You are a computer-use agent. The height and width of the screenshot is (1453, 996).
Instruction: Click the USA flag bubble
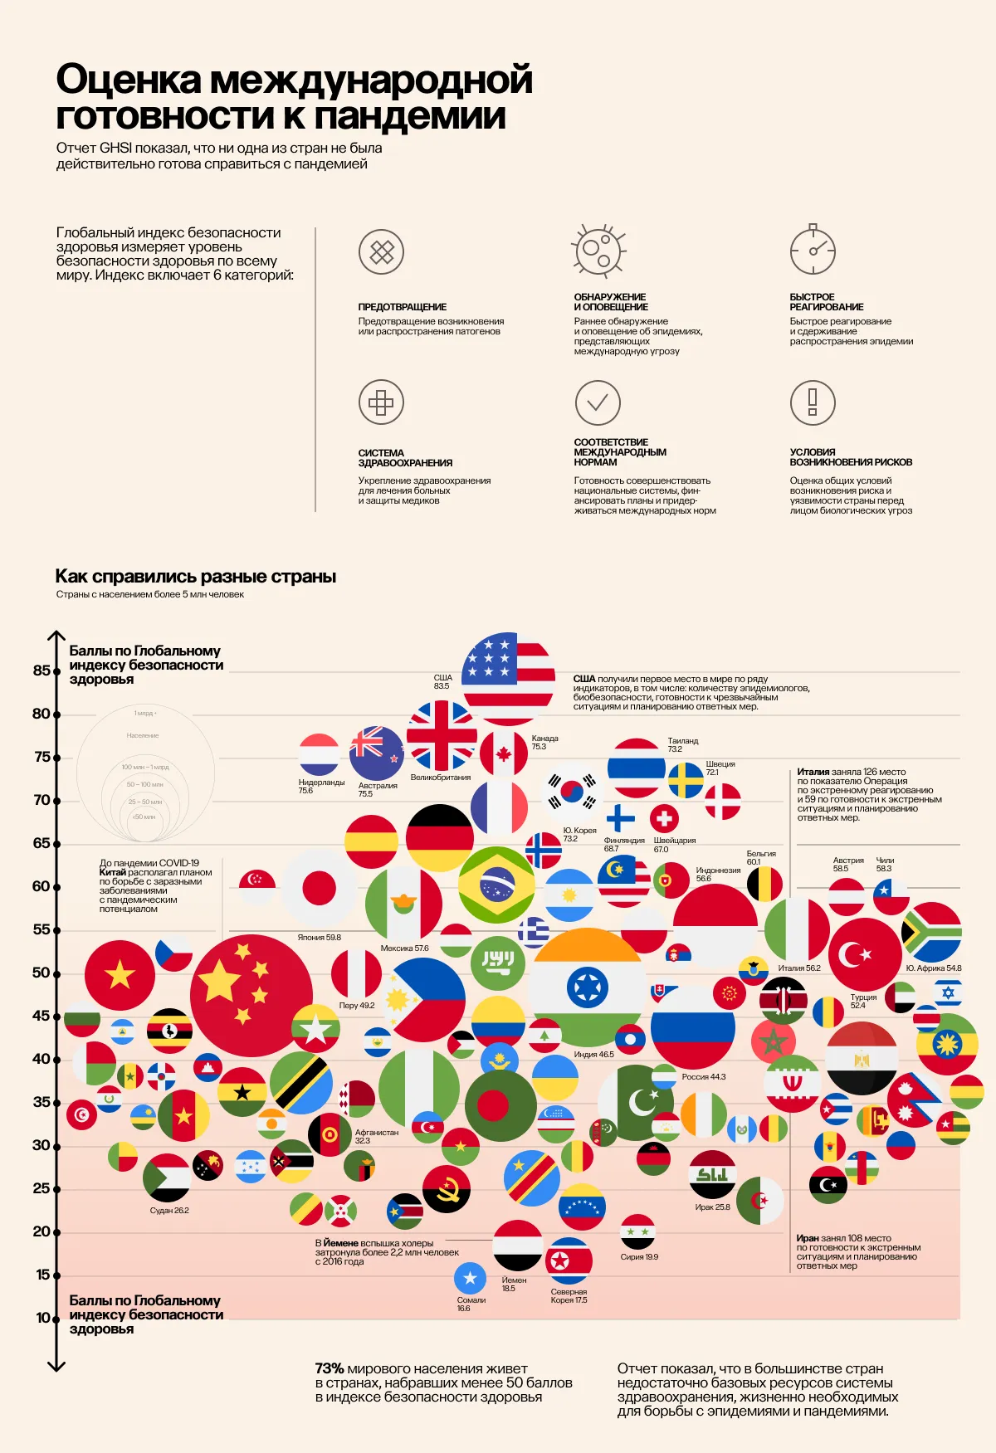coord(508,678)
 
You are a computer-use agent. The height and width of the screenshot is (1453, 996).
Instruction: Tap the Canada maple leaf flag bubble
coord(503,753)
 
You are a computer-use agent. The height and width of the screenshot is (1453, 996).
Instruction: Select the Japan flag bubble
coord(319,888)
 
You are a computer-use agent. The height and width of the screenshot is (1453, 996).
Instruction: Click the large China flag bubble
coord(251,995)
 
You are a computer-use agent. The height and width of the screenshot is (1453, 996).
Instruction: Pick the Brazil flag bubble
coord(496,885)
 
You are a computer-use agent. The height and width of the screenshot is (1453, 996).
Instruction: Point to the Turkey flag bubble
coord(864,954)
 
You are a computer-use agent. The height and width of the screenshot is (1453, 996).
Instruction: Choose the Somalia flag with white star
coord(471,1278)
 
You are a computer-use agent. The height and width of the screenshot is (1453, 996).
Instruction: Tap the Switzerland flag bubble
coord(663,819)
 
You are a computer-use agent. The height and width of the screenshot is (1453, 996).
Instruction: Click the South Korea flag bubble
coord(571,793)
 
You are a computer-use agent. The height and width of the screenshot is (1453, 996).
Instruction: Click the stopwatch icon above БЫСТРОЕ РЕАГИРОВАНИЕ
coord(813,250)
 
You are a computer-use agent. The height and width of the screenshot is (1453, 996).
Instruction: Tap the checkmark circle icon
coord(598,402)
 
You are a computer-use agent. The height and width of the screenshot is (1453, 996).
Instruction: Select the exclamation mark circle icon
coord(813,402)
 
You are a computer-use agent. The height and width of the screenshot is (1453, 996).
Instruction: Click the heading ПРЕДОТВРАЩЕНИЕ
coord(403,307)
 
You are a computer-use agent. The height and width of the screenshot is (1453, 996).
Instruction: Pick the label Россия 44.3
coord(703,1077)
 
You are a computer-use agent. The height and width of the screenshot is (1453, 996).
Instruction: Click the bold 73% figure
coord(330,1368)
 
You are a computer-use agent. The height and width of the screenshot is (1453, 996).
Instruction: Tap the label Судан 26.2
coord(169,1211)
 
